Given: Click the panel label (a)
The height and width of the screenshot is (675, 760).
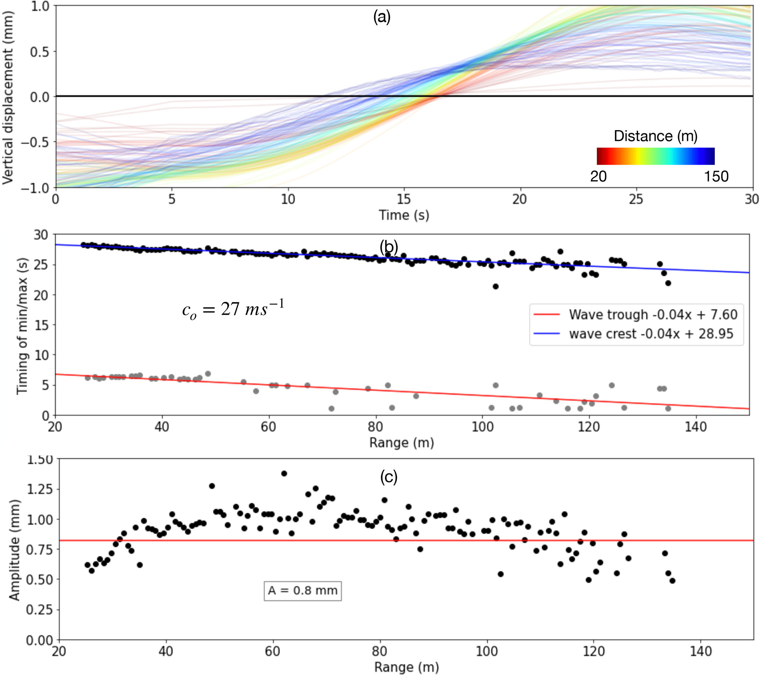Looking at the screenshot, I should [382, 18].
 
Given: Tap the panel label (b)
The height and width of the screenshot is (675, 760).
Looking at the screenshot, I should [389, 246].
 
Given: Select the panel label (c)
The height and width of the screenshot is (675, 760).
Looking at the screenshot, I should [389, 477].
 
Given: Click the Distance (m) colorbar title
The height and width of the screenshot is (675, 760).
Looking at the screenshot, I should [656, 136].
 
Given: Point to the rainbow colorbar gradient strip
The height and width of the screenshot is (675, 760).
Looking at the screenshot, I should [656, 156].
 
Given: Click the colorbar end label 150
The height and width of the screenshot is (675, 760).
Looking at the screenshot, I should [716, 176].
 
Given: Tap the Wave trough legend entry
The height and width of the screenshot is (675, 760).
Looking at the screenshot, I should [635, 314].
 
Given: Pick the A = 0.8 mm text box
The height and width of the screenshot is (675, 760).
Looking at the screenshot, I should [303, 590].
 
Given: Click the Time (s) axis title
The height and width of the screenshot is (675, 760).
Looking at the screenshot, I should [404, 215].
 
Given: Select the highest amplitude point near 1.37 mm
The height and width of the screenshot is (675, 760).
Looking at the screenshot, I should [284, 474].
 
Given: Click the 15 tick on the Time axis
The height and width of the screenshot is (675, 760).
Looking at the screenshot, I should [404, 200].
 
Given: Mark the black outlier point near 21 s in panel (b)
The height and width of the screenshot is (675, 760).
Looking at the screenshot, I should [496, 286].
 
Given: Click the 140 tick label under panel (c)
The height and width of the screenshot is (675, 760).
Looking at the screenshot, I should [700, 651].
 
